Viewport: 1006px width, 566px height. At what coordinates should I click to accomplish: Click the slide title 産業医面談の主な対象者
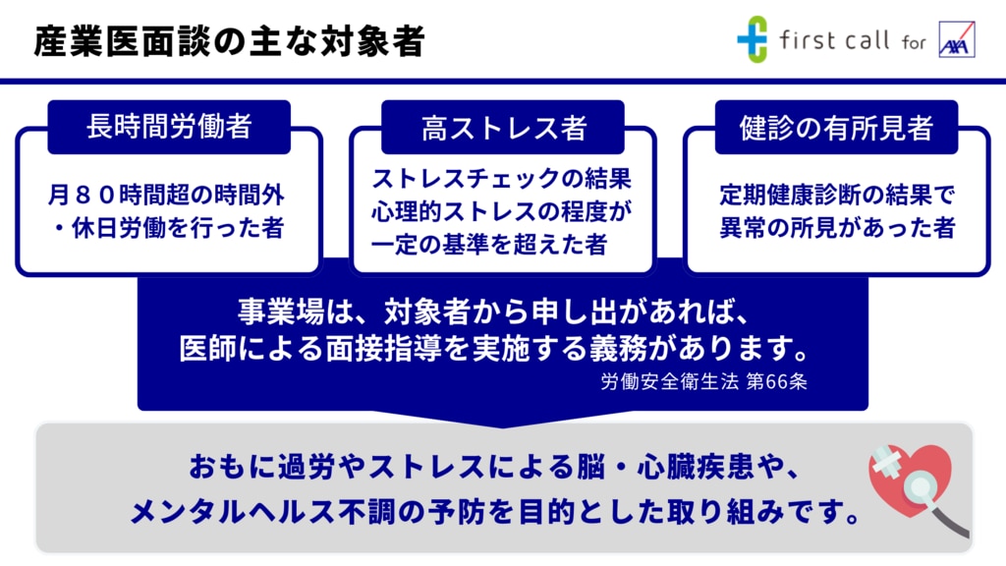(x=229, y=41)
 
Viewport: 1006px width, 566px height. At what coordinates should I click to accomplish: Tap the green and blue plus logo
(x=752, y=39)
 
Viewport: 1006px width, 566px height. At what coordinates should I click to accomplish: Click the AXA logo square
(x=957, y=39)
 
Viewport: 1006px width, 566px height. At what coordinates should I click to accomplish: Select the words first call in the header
(x=834, y=40)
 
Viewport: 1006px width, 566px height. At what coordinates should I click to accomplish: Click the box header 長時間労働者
(x=169, y=127)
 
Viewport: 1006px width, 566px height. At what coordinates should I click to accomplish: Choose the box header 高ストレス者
(x=503, y=127)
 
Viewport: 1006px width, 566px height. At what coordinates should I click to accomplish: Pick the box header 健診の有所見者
(x=836, y=127)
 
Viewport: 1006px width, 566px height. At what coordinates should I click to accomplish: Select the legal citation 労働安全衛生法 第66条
(x=703, y=381)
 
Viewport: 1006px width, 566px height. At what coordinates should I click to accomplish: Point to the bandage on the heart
(x=887, y=461)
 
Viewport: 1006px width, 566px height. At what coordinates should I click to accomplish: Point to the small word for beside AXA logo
(x=914, y=43)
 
